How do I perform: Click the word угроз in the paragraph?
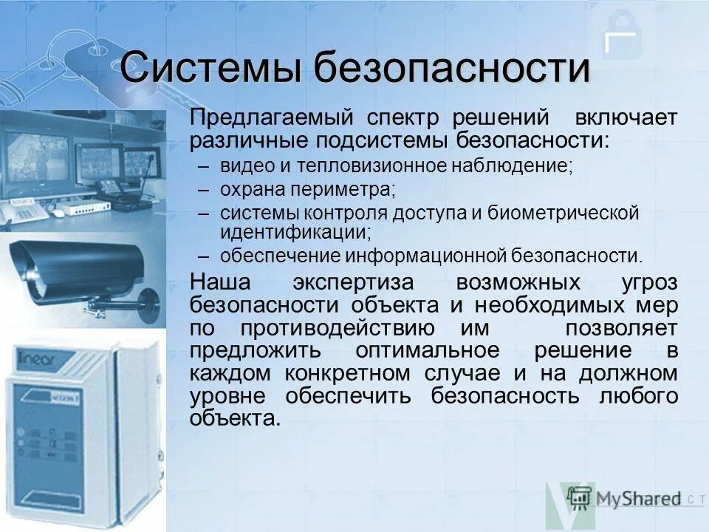[650, 284]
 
